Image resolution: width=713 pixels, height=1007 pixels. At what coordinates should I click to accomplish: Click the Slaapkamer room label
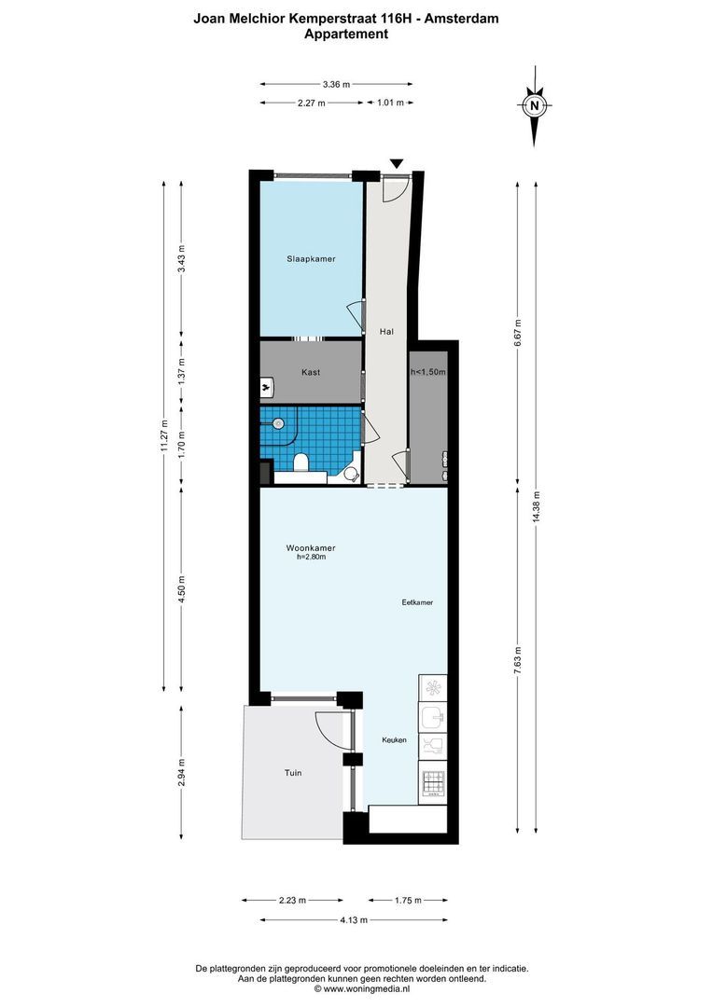(311, 258)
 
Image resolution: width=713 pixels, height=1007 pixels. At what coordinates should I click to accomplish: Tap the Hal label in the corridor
(386, 331)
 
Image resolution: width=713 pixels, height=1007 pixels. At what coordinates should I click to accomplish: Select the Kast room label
(311, 372)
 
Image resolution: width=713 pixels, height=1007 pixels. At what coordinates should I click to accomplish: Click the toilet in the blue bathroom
(301, 462)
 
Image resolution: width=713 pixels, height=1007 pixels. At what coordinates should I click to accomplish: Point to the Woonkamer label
(311, 548)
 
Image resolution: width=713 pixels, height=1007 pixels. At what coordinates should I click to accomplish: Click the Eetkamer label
(416, 603)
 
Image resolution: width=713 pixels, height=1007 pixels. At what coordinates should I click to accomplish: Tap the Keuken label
(395, 739)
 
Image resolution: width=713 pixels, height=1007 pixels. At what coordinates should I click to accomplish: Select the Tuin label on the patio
(293, 773)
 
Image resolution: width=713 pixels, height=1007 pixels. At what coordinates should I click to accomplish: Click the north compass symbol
(534, 105)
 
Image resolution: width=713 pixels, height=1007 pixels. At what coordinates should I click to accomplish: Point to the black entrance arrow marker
(397, 165)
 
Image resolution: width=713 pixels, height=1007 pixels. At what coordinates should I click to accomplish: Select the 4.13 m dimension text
(351, 919)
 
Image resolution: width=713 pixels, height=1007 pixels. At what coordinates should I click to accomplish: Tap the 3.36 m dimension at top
(336, 84)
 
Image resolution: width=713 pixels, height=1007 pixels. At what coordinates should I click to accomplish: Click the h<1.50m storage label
(428, 372)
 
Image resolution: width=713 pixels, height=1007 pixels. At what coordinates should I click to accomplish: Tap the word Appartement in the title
(346, 34)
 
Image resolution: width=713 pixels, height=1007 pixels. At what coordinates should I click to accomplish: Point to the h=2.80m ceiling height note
(312, 558)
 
